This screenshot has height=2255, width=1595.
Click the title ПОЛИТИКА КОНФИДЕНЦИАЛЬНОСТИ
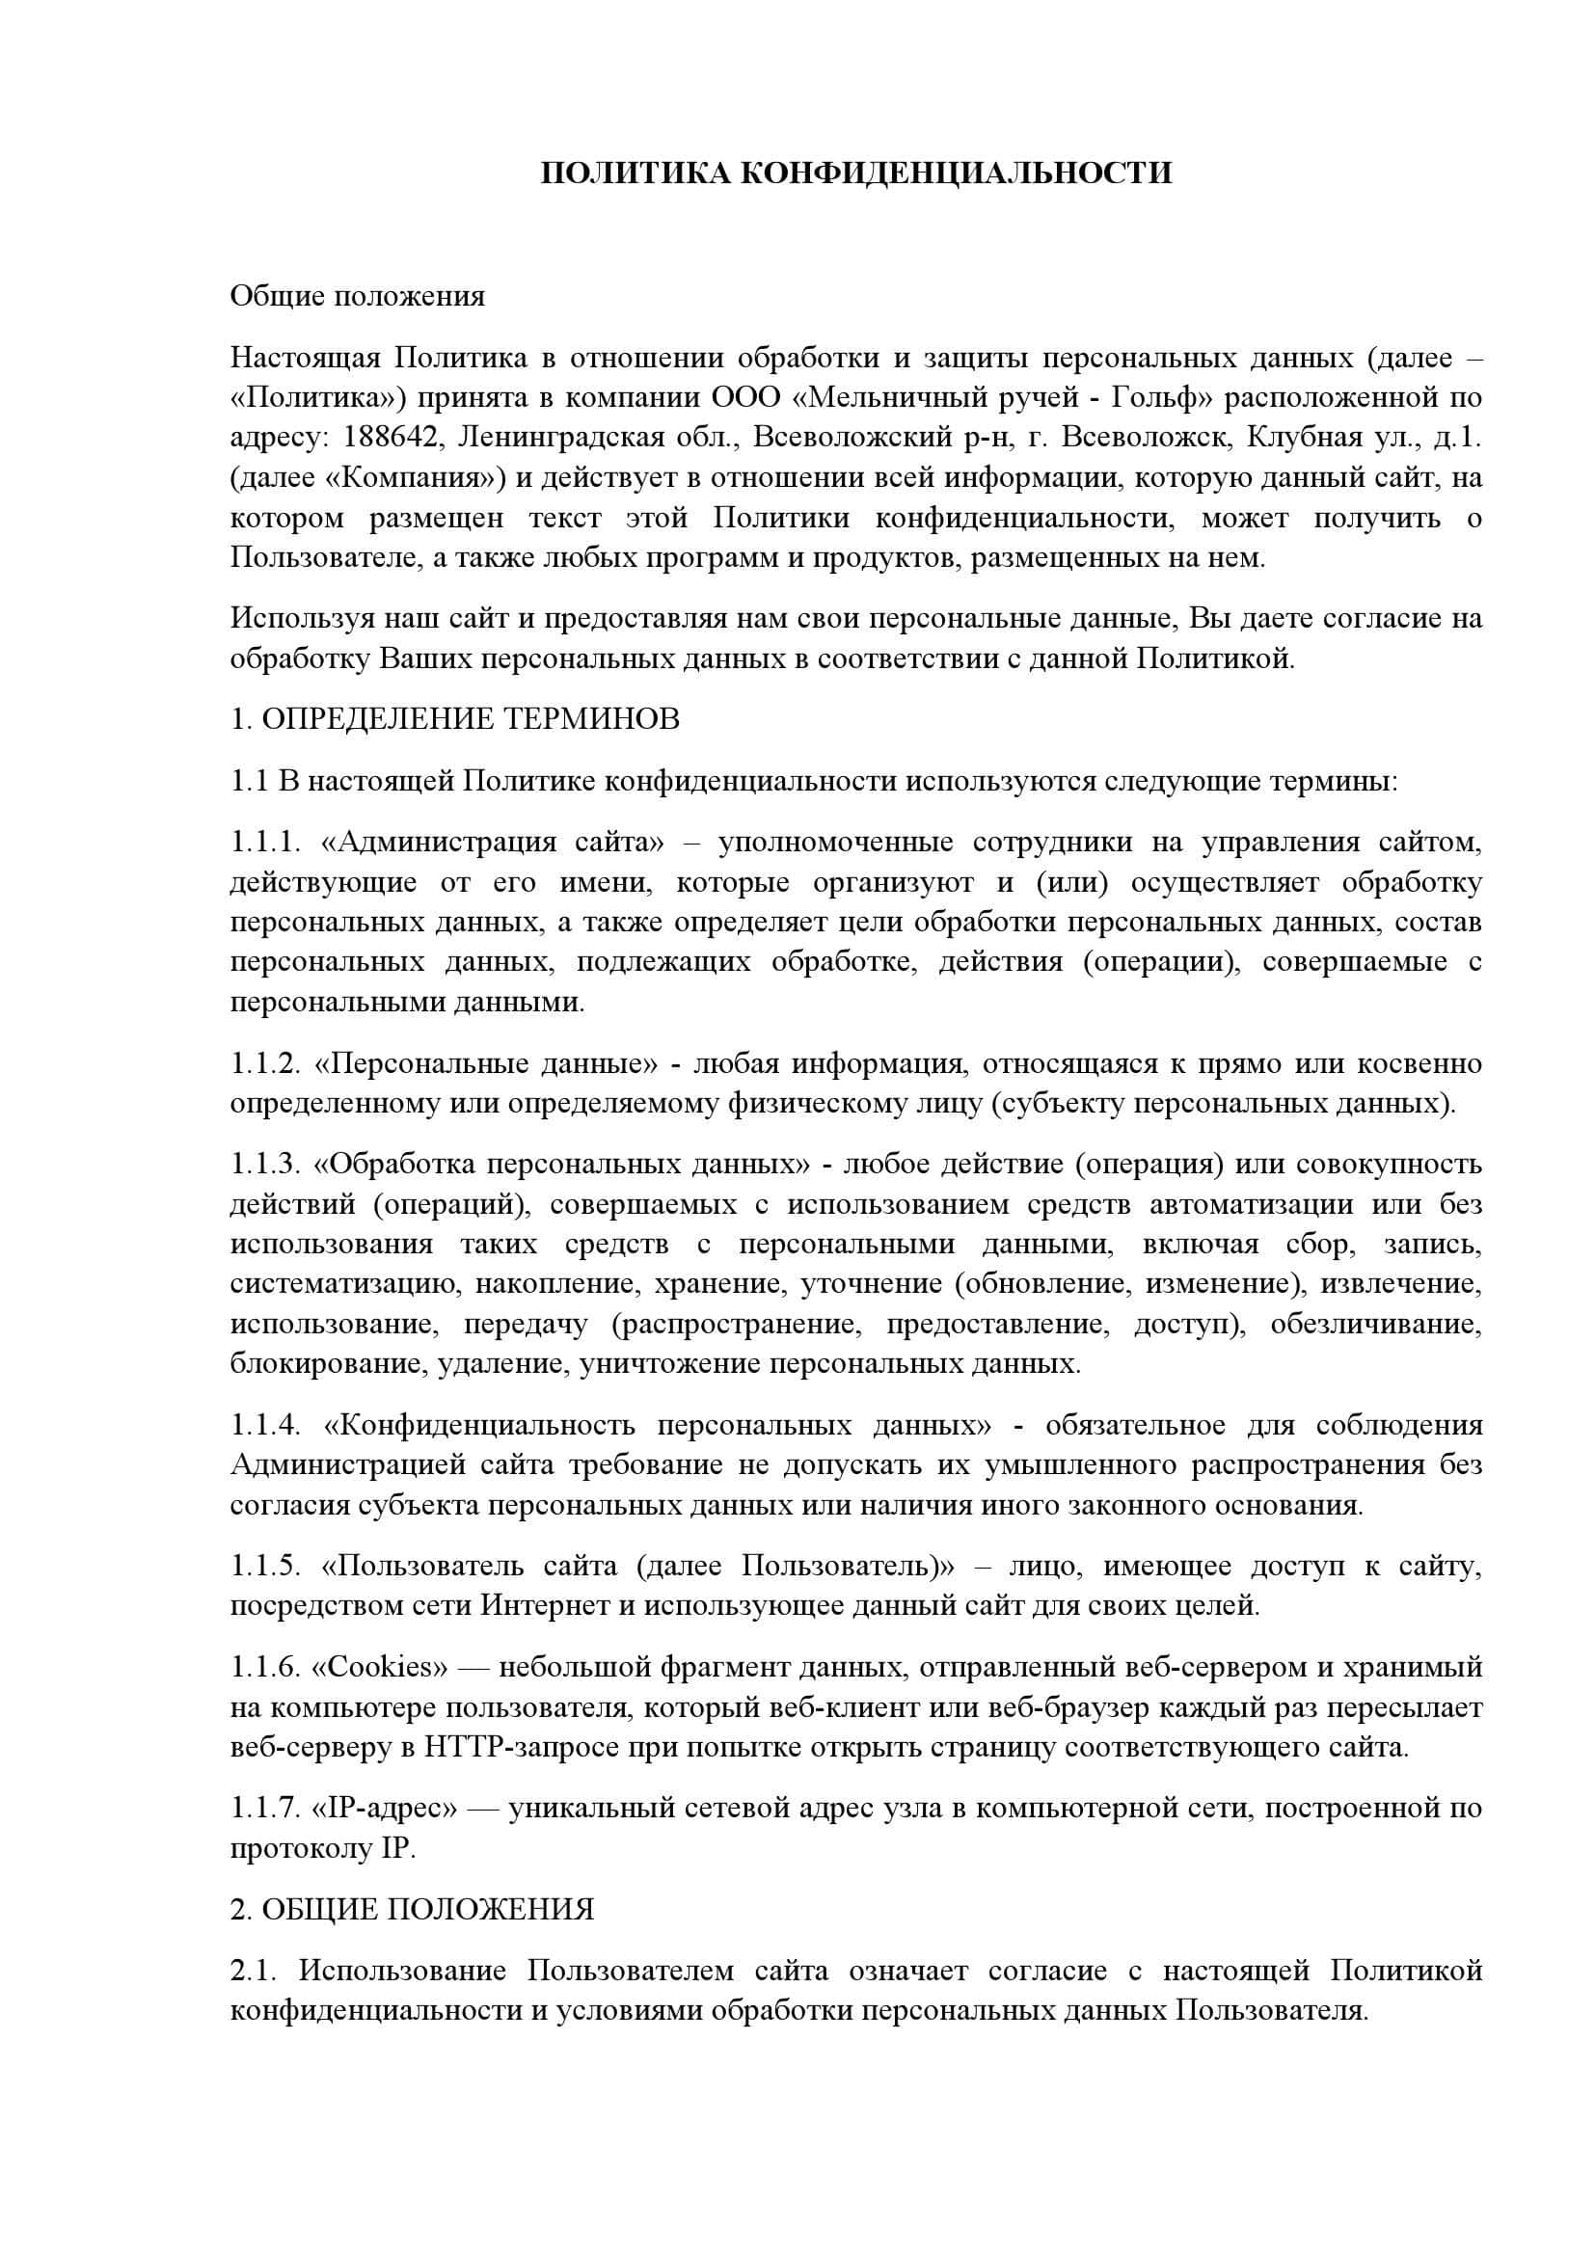[x=855, y=173]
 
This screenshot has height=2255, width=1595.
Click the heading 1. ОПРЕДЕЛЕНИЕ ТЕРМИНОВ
[x=455, y=719]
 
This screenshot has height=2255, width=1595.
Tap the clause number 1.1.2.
[x=264, y=1063]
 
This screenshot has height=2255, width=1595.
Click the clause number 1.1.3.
[x=264, y=1164]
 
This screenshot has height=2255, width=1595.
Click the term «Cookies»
[x=380, y=1667]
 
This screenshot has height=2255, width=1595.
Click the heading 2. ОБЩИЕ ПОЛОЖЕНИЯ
[x=413, y=1909]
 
